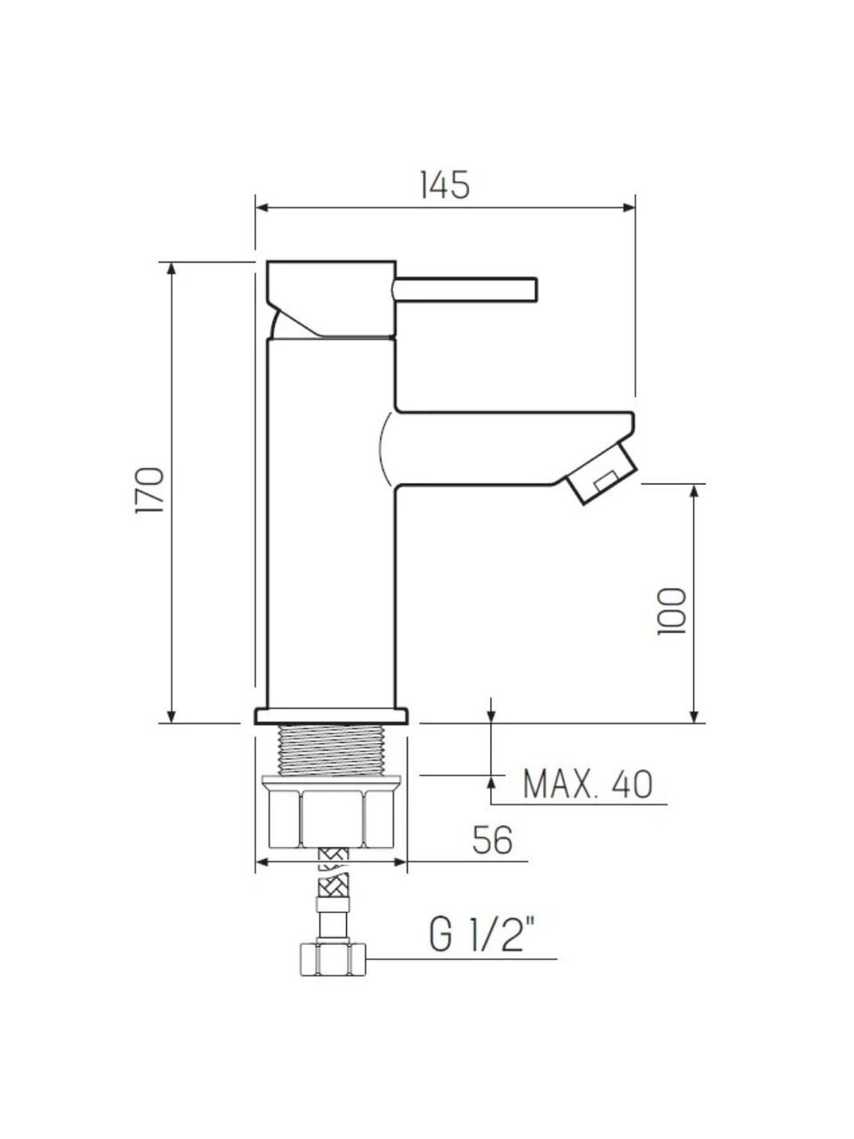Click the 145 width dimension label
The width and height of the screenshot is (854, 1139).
(445, 184)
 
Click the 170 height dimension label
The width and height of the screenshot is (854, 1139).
(149, 489)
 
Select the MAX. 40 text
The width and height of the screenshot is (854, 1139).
(587, 784)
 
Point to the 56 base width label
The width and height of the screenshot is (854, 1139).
(492, 840)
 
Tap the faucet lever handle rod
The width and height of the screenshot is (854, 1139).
(465, 289)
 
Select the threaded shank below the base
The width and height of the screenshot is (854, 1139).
(333, 748)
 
